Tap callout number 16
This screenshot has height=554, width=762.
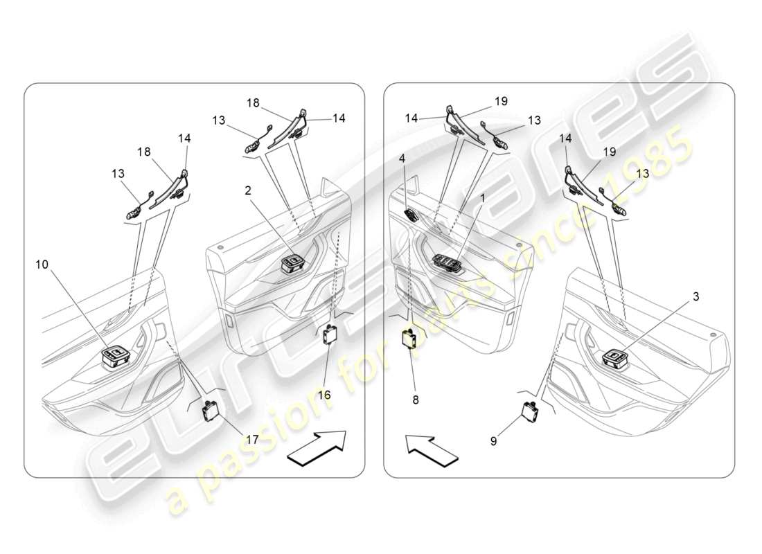point(324,394)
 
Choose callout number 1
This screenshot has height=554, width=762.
point(482,197)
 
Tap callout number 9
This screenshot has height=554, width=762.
point(493,439)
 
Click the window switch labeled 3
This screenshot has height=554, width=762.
point(614,358)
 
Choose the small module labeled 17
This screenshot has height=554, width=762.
point(210,412)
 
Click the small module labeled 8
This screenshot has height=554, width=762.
point(409,340)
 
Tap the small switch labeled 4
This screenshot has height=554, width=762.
point(411,214)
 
